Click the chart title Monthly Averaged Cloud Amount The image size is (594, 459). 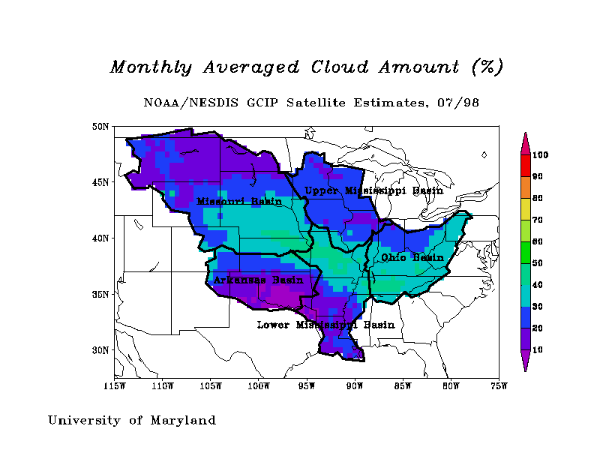[306, 67]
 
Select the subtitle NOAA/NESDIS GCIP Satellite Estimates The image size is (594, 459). [285, 103]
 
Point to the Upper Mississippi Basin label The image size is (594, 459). [373, 190]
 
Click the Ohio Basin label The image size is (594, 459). [412, 257]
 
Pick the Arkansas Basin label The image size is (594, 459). [258, 280]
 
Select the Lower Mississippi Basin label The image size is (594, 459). [325, 325]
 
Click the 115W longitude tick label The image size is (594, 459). [115, 386]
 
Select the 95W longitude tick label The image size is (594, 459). [307, 386]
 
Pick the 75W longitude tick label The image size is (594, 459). [499, 386]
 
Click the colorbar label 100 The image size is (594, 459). [541, 155]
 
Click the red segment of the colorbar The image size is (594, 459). [525, 166]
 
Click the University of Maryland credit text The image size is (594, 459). [132, 421]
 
